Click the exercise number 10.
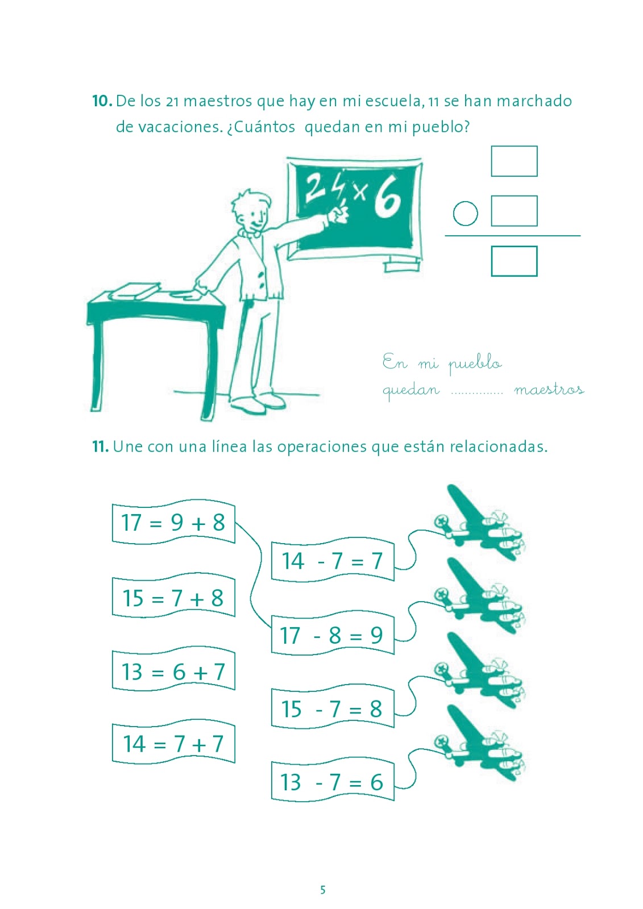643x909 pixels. (x=102, y=101)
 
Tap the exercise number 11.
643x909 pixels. (x=100, y=447)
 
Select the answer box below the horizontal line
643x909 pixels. (x=515, y=261)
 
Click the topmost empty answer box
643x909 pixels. (x=515, y=161)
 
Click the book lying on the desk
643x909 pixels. (x=135, y=291)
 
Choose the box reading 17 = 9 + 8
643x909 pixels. (x=173, y=522)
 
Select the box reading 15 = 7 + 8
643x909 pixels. (x=173, y=597)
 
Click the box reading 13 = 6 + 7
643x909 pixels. (x=173, y=671)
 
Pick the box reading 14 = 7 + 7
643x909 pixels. (x=173, y=744)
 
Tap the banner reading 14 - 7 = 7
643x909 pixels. (x=333, y=560)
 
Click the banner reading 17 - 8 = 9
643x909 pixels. (x=333, y=635)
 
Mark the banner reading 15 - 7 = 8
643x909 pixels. (x=333, y=708)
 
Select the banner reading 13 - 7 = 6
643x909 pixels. (x=333, y=782)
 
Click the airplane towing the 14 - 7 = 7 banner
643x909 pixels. (x=479, y=523)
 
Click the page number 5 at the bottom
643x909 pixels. (x=323, y=890)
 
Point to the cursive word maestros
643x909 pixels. (x=549, y=390)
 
